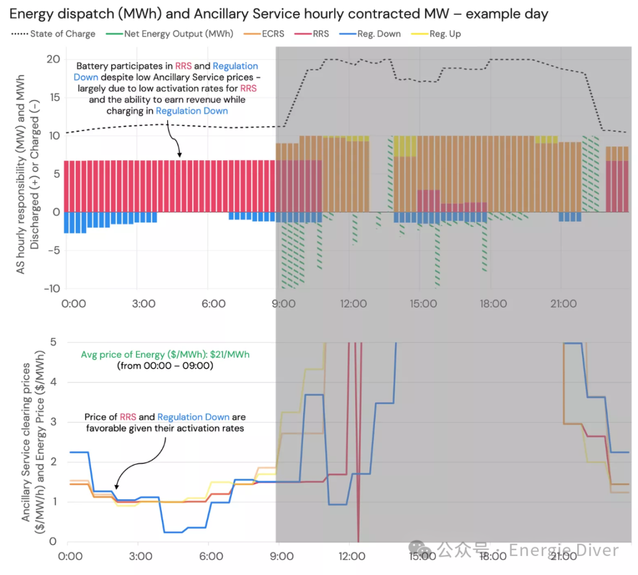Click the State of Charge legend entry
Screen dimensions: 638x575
53,34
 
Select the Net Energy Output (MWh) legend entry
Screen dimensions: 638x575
170,34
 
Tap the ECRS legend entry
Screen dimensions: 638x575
263,34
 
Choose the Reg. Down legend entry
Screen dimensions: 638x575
370,34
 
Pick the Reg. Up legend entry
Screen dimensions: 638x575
436,34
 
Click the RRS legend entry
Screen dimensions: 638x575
312,34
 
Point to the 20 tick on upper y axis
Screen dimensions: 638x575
53,60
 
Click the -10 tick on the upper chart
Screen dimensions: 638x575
52,288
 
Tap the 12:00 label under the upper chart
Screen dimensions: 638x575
353,304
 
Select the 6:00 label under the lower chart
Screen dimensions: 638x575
211,556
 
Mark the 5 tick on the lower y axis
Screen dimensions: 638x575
53,342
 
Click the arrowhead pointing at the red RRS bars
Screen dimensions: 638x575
180,155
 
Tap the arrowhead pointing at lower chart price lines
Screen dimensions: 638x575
116,487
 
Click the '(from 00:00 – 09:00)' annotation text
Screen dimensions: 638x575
165,366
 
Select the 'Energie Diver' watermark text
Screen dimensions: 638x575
564,550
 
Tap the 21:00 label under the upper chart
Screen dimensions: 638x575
564,304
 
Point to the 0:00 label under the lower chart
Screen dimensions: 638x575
70,556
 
